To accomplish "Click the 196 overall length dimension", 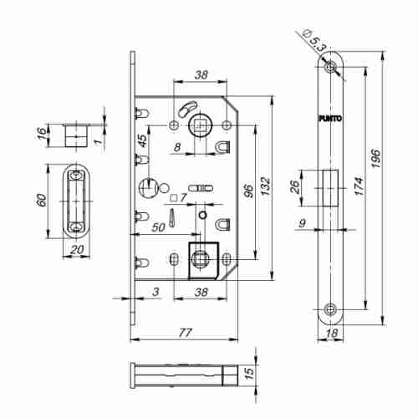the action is (375, 158).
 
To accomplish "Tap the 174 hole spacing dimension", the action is (359, 186).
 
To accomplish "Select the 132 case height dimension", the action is (265, 186).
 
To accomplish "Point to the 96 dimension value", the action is (248, 191).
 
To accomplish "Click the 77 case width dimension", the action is (185, 333).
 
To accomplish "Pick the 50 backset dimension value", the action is (158, 227).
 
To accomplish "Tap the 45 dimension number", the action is (142, 140).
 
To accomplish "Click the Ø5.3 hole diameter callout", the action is (314, 40).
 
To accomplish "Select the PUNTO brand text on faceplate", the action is (330, 119).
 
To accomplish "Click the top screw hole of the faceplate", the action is (330, 67).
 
